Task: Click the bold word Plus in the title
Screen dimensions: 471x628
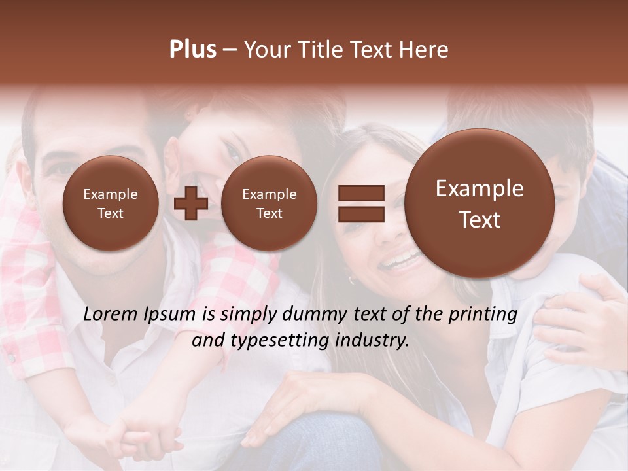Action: [192, 50]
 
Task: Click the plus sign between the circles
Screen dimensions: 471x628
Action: [190, 203]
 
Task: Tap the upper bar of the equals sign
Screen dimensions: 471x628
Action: [360, 193]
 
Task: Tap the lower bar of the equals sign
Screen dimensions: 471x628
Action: [360, 213]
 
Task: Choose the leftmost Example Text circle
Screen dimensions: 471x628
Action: [111, 203]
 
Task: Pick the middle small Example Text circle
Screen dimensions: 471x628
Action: [269, 203]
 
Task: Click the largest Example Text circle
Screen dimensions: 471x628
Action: [480, 203]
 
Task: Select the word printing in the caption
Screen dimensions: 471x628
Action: [482, 315]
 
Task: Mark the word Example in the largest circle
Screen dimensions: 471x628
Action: [480, 188]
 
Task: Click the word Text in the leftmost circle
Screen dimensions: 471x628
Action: [111, 213]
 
